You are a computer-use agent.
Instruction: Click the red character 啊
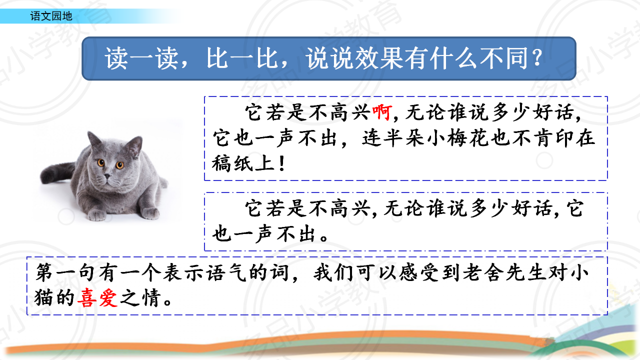click(382, 112)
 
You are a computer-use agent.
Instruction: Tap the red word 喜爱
click(97, 297)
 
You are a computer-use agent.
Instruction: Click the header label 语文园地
click(51, 16)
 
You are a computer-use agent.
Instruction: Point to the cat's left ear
click(93, 139)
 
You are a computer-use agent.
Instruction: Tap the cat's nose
click(107, 176)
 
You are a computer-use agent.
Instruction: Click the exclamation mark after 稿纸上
click(282, 163)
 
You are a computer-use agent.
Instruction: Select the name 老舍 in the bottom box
click(482, 272)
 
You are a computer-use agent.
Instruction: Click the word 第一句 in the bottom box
click(65, 272)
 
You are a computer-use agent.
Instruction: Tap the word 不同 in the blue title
click(503, 58)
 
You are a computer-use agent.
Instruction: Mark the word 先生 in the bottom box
click(525, 272)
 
